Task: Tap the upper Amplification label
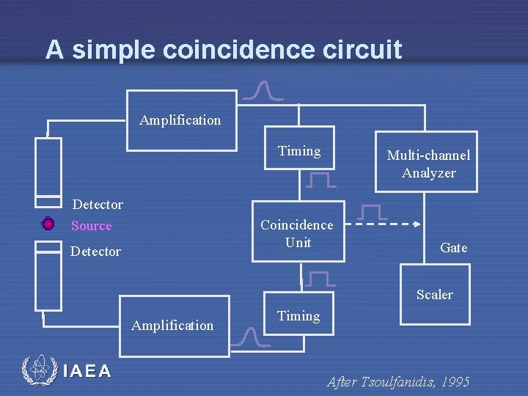point(180,120)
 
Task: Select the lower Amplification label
point(172,325)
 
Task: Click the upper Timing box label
point(299,151)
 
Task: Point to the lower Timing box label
point(298,316)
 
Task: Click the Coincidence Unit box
point(297,232)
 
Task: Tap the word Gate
point(453,248)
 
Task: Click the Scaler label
point(434,295)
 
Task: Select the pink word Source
point(92,226)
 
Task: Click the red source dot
point(48,223)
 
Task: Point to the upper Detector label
point(98,205)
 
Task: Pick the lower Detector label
point(95,252)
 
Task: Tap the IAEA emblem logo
point(39,371)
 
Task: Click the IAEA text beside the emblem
point(87,371)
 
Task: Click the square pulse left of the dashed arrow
point(373,212)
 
